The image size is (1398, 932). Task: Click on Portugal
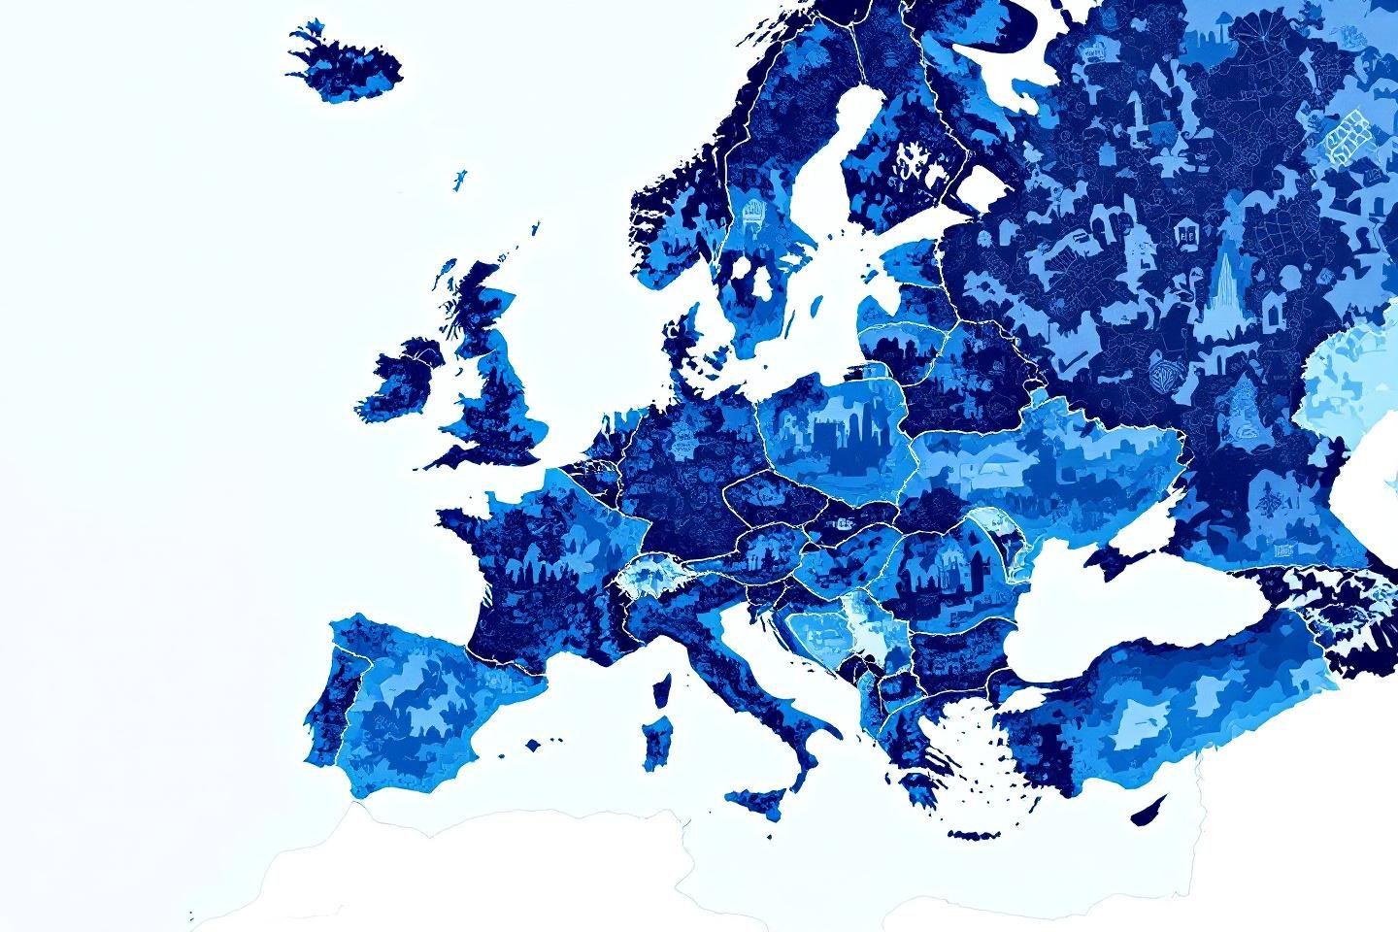330,699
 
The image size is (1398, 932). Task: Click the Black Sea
1116,602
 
